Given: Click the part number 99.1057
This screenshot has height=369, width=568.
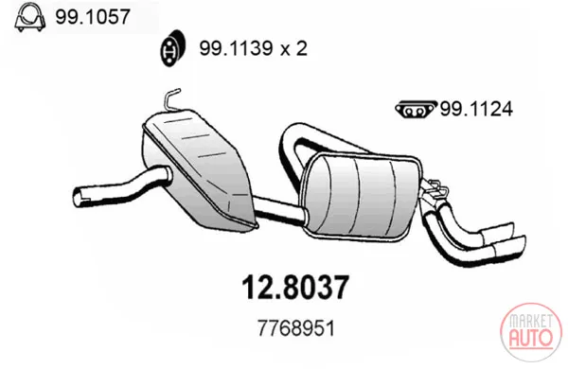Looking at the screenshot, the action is pyautogui.click(x=93, y=17).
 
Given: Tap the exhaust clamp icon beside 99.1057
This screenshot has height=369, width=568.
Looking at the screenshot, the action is pyautogui.click(x=29, y=17).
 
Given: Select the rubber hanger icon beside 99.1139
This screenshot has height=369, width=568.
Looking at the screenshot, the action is pyautogui.click(x=173, y=48).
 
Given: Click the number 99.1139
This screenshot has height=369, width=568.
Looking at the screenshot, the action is pyautogui.click(x=236, y=48).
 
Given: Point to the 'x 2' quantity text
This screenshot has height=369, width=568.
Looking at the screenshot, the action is pyautogui.click(x=294, y=48).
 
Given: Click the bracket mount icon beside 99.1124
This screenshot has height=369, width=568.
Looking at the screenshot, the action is pyautogui.click(x=417, y=110).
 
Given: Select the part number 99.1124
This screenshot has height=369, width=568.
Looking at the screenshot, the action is pyautogui.click(x=476, y=109).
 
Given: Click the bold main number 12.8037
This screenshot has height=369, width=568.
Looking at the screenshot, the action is pyautogui.click(x=295, y=288).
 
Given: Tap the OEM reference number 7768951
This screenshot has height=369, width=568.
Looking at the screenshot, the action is pyautogui.click(x=296, y=328).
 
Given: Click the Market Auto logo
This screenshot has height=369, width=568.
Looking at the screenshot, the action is pyautogui.click(x=531, y=332).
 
